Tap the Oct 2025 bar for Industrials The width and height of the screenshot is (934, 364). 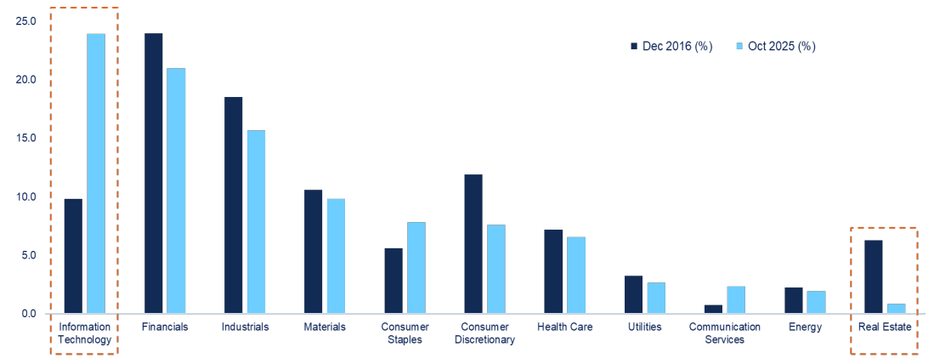[x=256, y=222]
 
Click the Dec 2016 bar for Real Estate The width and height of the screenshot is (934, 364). [x=873, y=277]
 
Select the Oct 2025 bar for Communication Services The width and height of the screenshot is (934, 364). [x=736, y=300]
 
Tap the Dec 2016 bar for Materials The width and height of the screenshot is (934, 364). [x=313, y=252]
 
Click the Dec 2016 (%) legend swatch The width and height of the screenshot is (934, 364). [x=633, y=46]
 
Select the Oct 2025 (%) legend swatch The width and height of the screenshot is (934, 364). [x=738, y=46]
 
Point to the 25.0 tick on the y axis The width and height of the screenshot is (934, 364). [x=25, y=20]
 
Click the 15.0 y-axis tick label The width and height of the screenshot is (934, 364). [x=25, y=138]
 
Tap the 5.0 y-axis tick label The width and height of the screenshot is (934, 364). [x=28, y=255]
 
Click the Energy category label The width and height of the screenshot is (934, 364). [x=804, y=327]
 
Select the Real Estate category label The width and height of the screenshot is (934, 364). [x=884, y=327]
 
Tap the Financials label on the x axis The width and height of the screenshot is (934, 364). [x=165, y=327]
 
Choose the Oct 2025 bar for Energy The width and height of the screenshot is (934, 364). [x=816, y=303]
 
